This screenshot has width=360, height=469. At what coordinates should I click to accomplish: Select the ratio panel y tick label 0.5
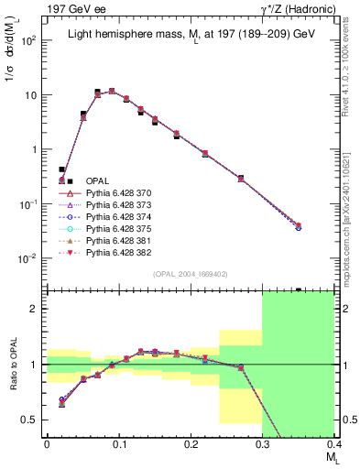point(35,420)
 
